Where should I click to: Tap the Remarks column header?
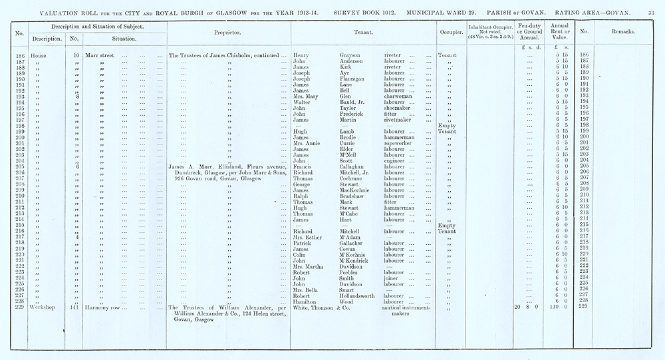pos(623,31)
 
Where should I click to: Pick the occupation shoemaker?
pos(400,107)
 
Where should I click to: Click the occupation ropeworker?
pos(400,142)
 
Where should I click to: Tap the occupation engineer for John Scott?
pos(398,160)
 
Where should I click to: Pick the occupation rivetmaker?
pos(401,119)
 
